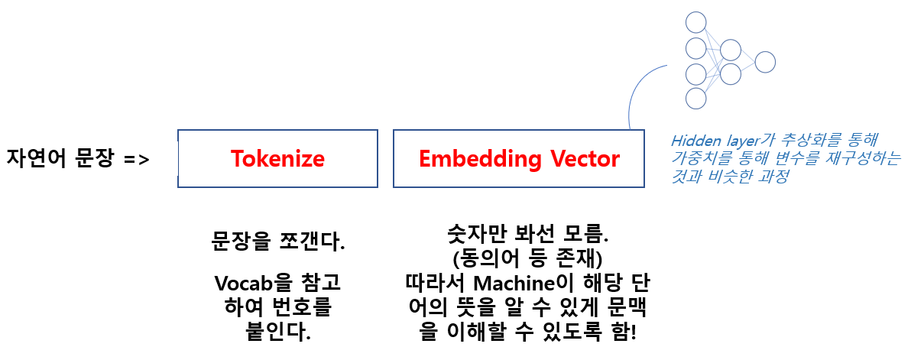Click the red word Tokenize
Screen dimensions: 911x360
[277, 159]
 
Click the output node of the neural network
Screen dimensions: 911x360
[765, 62]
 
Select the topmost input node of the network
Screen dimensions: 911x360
[695, 21]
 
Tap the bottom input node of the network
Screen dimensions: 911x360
[695, 98]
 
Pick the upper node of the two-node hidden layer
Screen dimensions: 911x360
[731, 50]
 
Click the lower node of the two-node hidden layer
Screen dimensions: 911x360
[731, 74]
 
